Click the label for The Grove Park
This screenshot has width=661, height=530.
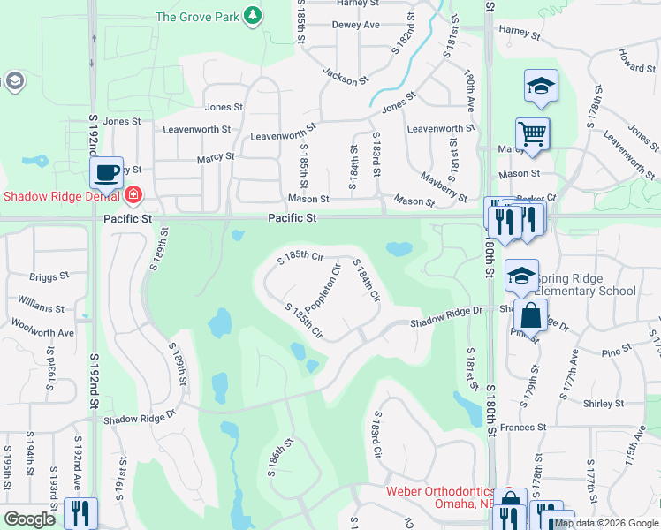tap(199, 16)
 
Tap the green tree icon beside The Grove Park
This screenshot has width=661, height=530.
tap(254, 15)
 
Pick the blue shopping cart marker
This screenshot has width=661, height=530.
tap(532, 134)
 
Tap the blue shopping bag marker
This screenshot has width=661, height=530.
tap(531, 314)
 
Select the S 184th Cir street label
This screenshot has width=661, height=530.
tap(366, 282)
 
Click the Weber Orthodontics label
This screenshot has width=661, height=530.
tap(437, 491)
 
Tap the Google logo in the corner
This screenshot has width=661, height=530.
tap(29, 519)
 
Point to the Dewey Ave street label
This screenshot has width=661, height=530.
tap(355, 25)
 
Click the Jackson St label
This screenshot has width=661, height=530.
tap(345, 77)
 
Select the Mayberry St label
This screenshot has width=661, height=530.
tap(443, 186)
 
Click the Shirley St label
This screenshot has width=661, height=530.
tap(604, 404)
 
